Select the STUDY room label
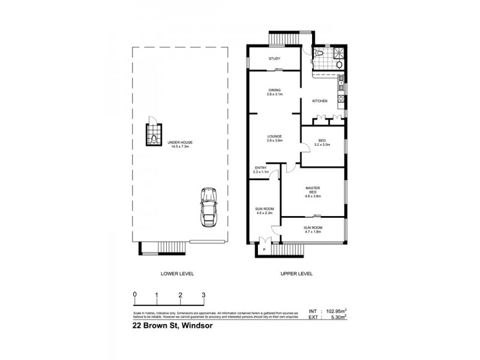275,58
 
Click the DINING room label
275,89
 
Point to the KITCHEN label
319,101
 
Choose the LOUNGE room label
275,136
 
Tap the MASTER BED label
312,190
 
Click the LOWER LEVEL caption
178,274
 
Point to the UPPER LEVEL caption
296,274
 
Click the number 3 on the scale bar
203,295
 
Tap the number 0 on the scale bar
135,295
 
